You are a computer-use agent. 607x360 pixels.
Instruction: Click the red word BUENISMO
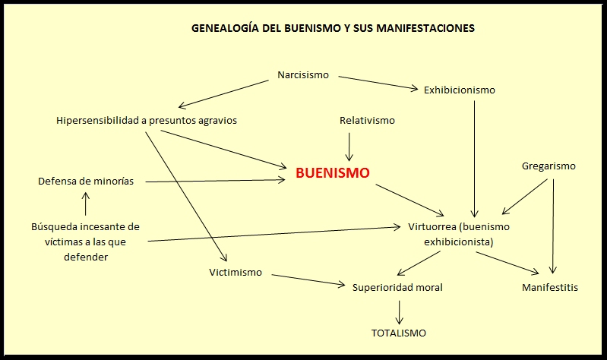(332, 173)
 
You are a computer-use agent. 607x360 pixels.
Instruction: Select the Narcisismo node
(304, 75)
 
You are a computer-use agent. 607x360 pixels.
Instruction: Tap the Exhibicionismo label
(459, 90)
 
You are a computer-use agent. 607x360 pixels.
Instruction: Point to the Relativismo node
(367, 120)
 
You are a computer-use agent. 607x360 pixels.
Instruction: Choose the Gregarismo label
(549, 166)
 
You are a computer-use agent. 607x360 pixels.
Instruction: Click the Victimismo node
(236, 272)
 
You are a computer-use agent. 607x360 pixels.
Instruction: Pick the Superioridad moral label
(397, 287)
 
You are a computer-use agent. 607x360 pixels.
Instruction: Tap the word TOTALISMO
(398, 333)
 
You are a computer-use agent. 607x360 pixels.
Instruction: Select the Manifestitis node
(550, 287)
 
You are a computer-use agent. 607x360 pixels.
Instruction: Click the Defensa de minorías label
(86, 181)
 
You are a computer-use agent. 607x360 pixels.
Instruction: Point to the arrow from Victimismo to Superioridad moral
(308, 279)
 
